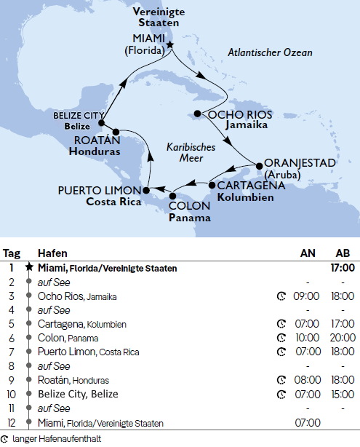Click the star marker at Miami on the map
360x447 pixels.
[170, 45]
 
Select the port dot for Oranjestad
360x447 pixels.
[257, 162]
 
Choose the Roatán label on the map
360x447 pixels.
[92, 141]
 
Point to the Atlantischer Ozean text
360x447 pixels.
[270, 53]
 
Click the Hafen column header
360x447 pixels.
[50, 253]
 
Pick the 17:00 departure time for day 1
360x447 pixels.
[342, 268]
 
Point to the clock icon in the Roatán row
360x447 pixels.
[281, 380]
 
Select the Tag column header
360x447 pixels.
[12, 253]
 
